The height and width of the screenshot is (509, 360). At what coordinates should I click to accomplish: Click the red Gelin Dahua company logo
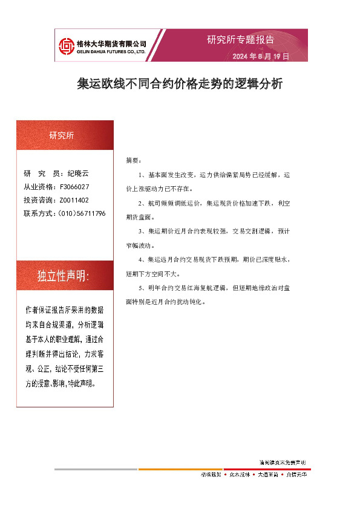coord(66,45)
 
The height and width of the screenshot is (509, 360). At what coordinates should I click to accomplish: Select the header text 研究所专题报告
coord(240,40)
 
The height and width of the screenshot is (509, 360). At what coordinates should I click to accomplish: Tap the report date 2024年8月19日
coord(261,56)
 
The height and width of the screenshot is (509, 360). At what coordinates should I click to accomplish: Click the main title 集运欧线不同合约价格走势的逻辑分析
coord(180,84)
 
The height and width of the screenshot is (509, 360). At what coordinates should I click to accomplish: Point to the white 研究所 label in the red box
coord(62,136)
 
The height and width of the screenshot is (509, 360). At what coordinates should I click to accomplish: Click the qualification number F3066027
coord(75,187)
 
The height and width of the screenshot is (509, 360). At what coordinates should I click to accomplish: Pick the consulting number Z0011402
coord(74,200)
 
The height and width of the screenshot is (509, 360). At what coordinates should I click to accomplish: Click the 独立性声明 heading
coord(63,276)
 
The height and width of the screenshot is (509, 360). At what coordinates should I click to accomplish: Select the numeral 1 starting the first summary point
coord(140,175)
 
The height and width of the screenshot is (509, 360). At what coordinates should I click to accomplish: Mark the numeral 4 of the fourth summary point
coord(140,260)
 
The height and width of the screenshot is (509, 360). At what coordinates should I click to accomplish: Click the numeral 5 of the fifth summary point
coord(140,288)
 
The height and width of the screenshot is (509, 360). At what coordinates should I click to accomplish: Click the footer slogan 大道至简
coord(267,475)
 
